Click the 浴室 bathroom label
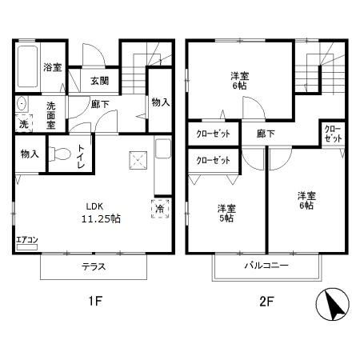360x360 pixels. click(53, 67)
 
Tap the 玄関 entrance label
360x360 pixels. click(99, 80)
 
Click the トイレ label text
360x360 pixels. click(80, 153)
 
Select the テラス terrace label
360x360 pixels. click(93, 266)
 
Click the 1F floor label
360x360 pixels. click(94, 302)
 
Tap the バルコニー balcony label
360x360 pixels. click(266, 266)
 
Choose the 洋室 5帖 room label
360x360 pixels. click(226, 213)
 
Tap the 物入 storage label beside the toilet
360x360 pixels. click(29, 153)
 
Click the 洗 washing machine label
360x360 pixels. click(23, 124)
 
